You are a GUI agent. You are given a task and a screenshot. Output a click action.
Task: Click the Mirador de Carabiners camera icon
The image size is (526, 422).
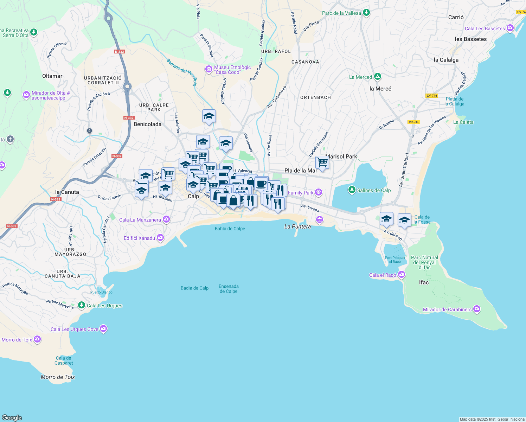click(x=476, y=309)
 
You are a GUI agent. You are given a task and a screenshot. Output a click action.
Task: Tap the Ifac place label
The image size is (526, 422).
click(x=424, y=282)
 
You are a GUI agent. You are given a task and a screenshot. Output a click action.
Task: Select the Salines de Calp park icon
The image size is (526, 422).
click(x=352, y=190)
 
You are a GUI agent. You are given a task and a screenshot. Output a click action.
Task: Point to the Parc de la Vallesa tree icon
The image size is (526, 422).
click(x=366, y=13)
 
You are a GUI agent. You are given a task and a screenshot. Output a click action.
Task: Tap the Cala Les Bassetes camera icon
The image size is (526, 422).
click(x=510, y=28)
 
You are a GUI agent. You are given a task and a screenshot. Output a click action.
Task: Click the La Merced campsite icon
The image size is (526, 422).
click(x=377, y=77)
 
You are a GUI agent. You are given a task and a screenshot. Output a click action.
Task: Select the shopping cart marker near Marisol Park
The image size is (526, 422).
click(x=322, y=163)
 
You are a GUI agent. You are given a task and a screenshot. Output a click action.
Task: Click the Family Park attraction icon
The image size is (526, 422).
click(x=319, y=192)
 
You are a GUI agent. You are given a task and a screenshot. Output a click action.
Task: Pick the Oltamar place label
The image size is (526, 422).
click(x=52, y=76)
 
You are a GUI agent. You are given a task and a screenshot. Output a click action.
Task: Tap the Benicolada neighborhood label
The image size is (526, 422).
click(x=147, y=124)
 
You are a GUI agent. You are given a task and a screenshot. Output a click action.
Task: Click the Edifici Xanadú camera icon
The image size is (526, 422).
click(x=160, y=238)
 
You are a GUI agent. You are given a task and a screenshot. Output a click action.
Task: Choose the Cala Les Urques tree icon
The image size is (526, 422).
click(x=82, y=305)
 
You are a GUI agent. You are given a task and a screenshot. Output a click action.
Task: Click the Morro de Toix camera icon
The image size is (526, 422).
click(x=37, y=340)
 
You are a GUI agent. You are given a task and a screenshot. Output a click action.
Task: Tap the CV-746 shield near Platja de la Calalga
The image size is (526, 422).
click(x=431, y=96)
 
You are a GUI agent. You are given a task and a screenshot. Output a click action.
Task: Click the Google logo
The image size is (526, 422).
click(x=12, y=418)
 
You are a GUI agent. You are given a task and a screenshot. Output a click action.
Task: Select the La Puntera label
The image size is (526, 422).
click(x=297, y=226)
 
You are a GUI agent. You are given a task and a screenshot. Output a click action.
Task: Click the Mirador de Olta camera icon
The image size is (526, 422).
click(x=26, y=95)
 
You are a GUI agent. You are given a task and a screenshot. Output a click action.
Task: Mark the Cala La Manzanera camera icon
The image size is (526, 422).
click(x=166, y=220)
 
